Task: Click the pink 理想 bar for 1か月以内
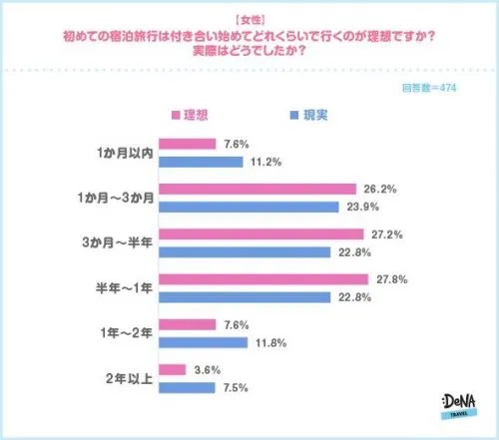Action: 186,144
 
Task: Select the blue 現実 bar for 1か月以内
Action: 201,161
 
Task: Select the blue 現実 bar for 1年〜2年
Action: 203,341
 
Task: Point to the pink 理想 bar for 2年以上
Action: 172,369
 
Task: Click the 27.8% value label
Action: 389,279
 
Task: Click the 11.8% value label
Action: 269,341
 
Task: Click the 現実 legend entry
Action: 308,115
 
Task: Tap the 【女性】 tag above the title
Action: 249,19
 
